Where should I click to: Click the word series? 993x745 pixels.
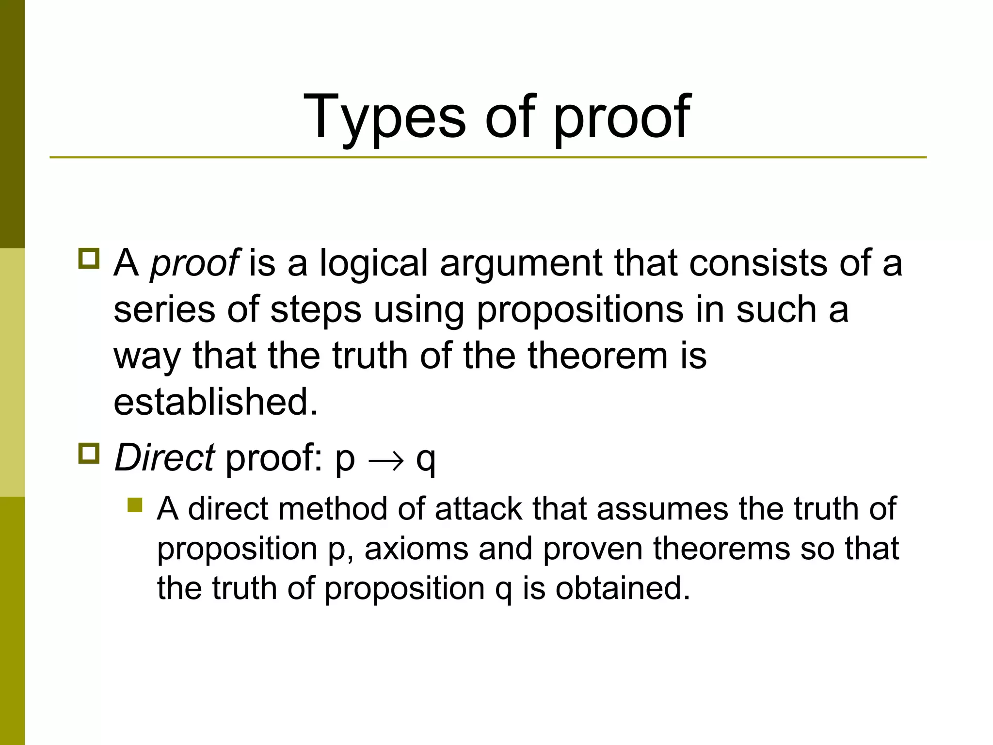point(164,310)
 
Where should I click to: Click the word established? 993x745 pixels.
point(216,402)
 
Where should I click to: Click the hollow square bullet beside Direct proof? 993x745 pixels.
point(89,454)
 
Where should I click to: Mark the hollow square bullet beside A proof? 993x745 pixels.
point(89,259)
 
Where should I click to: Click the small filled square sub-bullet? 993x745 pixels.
point(135,505)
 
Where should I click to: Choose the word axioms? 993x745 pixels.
point(416,549)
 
